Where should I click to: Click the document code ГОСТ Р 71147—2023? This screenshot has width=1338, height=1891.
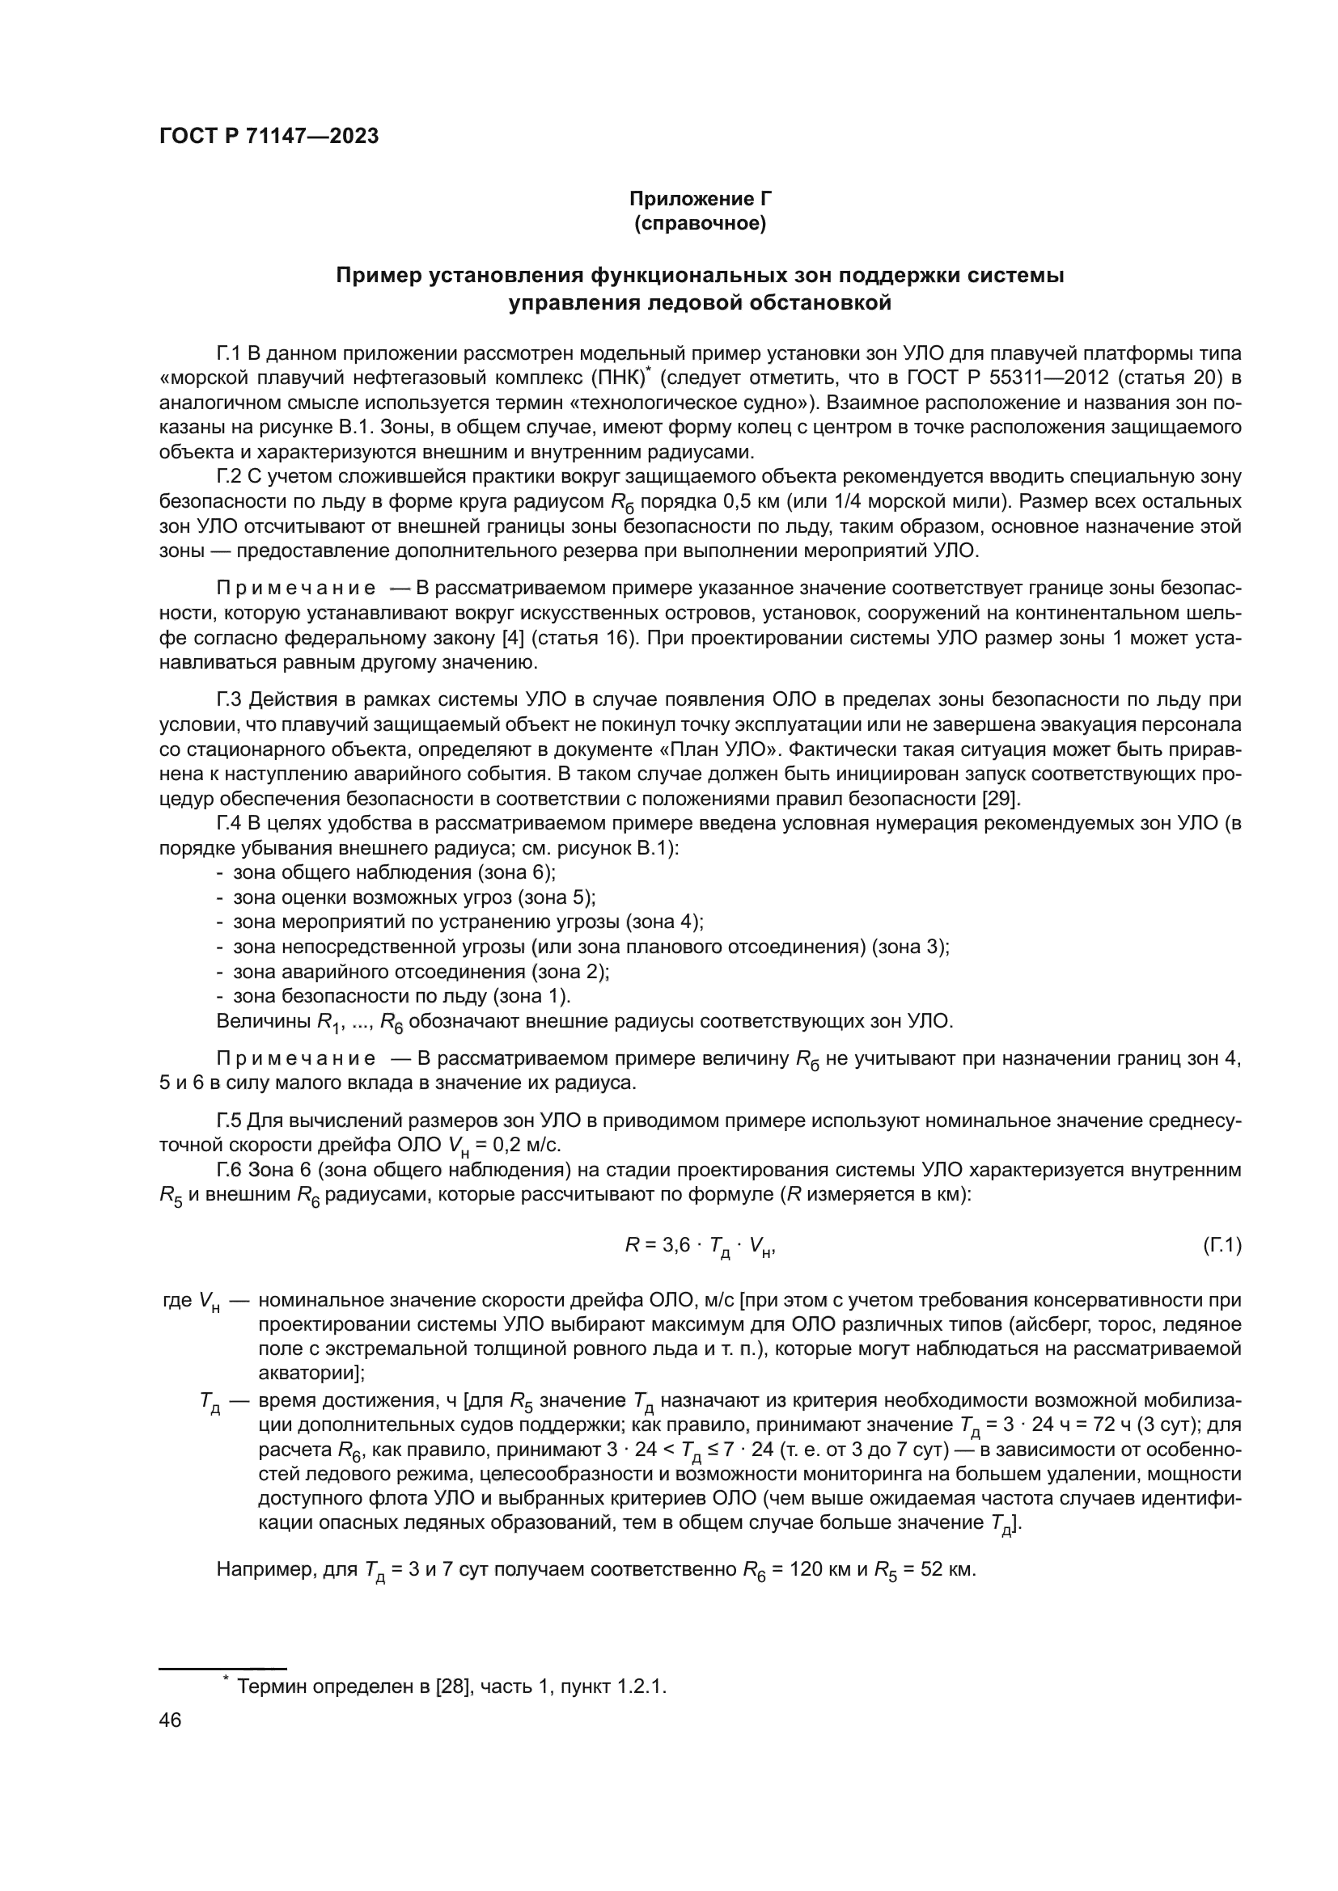pyautogui.click(x=269, y=137)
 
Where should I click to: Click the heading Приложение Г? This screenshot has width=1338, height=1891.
pyautogui.click(x=700, y=199)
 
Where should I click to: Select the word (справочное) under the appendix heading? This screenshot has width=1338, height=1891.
pyautogui.click(x=700, y=224)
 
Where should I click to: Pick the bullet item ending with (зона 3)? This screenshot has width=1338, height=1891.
pyautogui.click(x=590, y=947)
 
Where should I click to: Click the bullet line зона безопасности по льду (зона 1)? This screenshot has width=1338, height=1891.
pyautogui.click(x=401, y=996)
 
